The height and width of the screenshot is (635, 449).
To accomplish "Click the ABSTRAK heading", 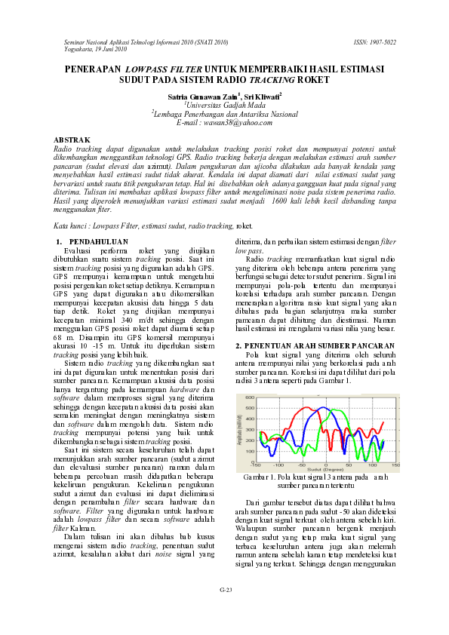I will pos(72,140).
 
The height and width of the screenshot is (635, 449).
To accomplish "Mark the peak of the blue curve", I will pos(322,408).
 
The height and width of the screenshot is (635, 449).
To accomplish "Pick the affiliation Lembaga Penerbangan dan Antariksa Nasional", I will pos(224,113).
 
